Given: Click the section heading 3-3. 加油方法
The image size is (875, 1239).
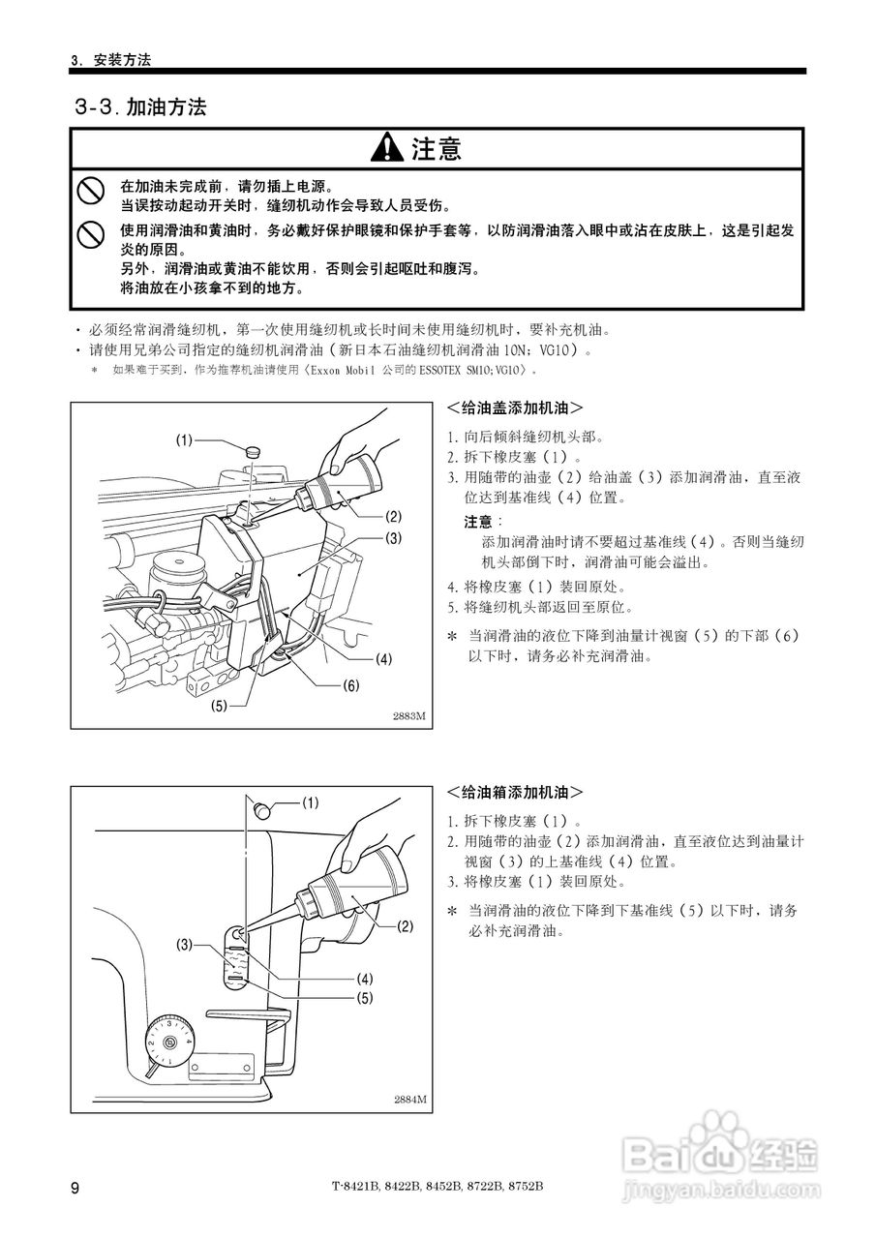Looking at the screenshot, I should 141,106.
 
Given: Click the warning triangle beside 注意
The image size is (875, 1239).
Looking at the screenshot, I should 387,148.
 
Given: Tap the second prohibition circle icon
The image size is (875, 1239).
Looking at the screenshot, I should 91,233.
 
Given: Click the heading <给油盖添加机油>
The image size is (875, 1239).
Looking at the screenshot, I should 515,408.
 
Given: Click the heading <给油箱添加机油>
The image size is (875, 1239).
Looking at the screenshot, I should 515,792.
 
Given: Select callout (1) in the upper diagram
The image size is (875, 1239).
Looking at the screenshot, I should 185,440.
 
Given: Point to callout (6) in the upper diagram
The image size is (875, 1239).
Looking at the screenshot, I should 350,685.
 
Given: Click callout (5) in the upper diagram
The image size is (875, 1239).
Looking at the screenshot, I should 219,706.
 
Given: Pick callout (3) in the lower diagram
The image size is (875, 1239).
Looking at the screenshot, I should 185,944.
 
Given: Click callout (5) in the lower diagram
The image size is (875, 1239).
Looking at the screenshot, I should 364,997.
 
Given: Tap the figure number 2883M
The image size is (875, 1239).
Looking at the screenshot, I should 408,717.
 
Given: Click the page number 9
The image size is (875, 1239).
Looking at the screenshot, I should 75,1188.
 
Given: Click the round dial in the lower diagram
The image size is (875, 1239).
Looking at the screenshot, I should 171,1042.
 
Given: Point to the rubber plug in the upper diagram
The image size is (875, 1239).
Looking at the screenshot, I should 254,450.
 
